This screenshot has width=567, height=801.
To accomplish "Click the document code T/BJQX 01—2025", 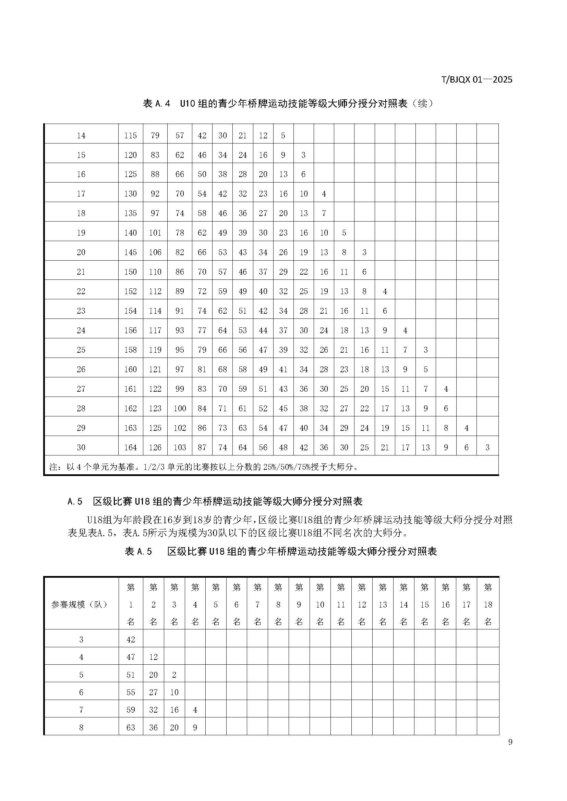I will (x=477, y=79).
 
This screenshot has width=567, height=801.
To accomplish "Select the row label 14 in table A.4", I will (x=81, y=135).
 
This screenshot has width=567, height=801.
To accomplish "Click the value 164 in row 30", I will (x=131, y=447).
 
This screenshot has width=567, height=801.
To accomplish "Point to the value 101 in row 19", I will (x=155, y=233).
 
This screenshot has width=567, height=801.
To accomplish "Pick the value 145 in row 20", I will (x=131, y=252).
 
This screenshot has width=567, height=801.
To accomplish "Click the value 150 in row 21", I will (x=131, y=272).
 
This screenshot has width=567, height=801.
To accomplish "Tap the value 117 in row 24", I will (x=155, y=330).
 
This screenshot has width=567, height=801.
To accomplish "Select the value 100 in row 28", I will (x=180, y=409).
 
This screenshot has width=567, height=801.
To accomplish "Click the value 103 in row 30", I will (x=180, y=447).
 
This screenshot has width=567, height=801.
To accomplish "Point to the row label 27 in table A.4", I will (x=81, y=389).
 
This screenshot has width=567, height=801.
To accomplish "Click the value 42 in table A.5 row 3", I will (x=131, y=639).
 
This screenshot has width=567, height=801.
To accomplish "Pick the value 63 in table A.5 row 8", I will (x=131, y=727).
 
